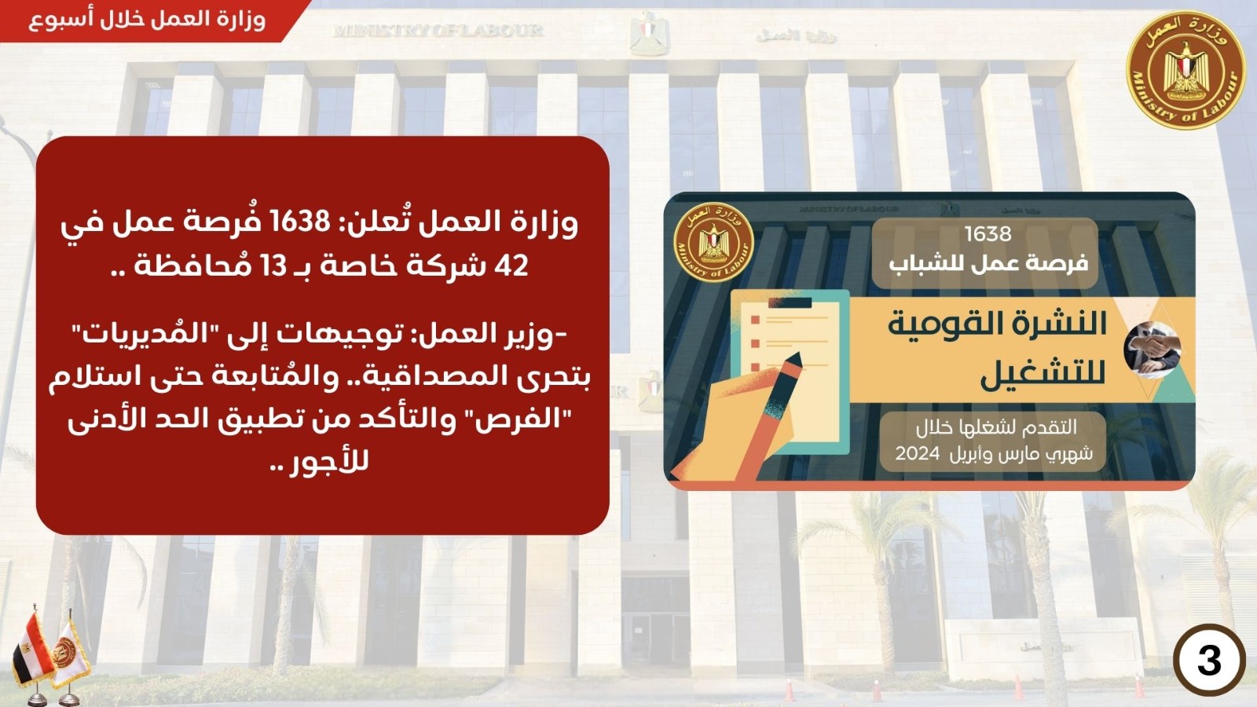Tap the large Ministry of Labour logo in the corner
1186,71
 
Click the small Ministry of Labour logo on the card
713,243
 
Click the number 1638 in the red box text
301,223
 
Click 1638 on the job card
988,233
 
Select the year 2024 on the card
917,453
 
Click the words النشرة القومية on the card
997,325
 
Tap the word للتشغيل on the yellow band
1043,375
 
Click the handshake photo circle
1152,350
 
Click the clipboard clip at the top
790,303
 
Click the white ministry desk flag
71,654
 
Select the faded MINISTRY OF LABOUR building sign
438,31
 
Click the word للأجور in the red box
329,463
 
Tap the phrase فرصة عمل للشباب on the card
988,263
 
